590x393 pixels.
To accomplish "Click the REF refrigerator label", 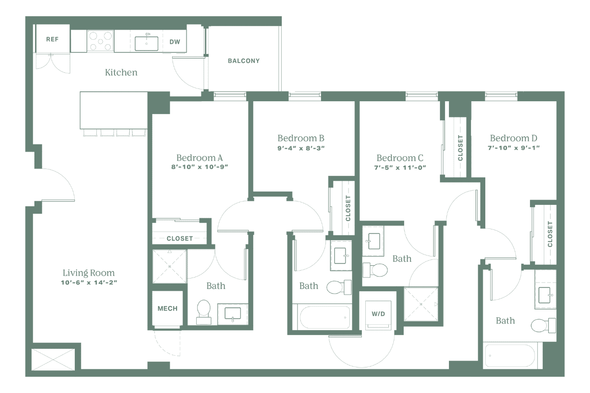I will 52,40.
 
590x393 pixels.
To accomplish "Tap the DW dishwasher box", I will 175,42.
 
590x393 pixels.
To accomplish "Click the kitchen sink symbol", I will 147,42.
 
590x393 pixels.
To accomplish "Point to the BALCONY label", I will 243,61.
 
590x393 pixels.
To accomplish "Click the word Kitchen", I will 121,73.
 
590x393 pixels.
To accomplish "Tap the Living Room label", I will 89,273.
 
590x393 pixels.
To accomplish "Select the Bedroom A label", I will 200,158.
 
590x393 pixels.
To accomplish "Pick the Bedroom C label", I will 400,158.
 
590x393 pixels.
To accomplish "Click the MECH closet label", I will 167,309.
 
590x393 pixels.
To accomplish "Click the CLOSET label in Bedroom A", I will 179,239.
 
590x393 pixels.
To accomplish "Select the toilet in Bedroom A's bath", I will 203,310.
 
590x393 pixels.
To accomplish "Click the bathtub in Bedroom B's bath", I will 321,317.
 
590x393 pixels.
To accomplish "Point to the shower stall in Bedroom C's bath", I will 421,305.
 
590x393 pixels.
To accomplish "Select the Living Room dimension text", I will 89,282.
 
